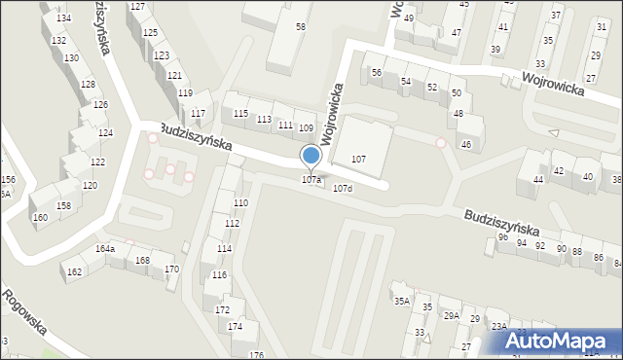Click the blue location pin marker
click(311, 156)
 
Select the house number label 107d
click(342, 188)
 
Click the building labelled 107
click(358, 158)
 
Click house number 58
click(301, 26)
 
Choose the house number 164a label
click(104, 249)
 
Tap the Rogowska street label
click(24, 311)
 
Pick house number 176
click(256, 354)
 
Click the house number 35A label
click(401, 302)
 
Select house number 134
click(63, 18)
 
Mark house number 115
click(240, 113)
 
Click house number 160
click(40, 217)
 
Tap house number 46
click(466, 145)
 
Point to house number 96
click(502, 236)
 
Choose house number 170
click(170, 269)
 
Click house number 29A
click(451, 315)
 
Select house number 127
click(137, 7)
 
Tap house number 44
click(538, 179)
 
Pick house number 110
click(240, 202)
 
